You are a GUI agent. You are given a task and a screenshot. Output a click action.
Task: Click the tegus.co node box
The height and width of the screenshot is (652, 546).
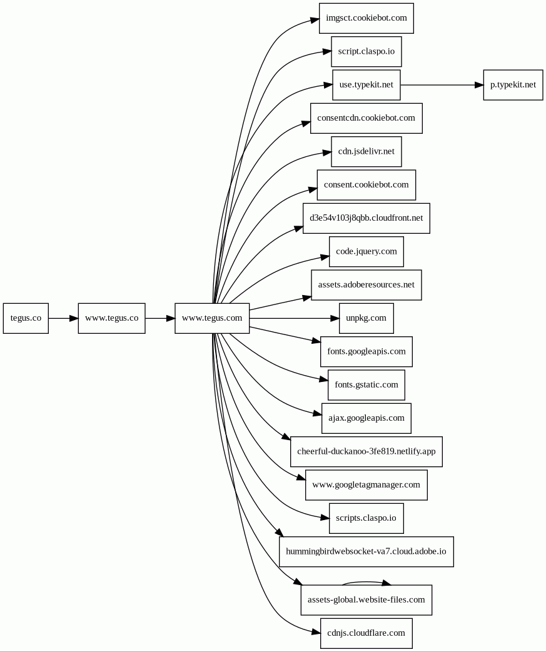[x=26, y=318]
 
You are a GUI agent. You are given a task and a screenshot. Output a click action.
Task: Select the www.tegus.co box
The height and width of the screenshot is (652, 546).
[x=111, y=318]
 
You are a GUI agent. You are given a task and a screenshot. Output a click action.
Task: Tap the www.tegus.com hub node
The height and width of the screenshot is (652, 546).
[x=212, y=318]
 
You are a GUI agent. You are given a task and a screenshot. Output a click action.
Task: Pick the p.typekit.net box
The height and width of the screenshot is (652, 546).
[x=513, y=85]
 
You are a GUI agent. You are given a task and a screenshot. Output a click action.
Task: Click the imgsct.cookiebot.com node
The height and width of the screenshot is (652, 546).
[x=367, y=18]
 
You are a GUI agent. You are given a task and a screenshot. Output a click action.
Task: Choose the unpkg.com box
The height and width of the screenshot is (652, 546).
[x=367, y=318]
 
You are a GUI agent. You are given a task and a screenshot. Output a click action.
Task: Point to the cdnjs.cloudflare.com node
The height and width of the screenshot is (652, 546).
[x=367, y=633]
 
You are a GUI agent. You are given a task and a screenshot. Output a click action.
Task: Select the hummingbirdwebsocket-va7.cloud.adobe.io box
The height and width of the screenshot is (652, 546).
[x=367, y=552]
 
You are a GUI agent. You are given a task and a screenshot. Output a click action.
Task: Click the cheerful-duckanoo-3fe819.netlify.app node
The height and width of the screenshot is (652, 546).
[x=367, y=451]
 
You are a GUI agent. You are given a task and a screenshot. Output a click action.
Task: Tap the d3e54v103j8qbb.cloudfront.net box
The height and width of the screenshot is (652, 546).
[x=367, y=218]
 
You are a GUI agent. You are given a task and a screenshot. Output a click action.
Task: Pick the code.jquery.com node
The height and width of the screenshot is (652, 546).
[x=367, y=251]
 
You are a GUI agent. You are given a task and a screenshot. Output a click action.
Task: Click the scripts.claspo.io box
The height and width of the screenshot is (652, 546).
[x=367, y=518]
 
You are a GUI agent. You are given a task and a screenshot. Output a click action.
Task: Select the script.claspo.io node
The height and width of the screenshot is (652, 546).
[x=367, y=51]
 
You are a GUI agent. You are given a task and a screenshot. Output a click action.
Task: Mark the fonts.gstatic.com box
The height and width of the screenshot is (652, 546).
[x=367, y=385]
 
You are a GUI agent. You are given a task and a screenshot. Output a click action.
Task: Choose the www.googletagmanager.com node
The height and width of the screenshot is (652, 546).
[x=367, y=485]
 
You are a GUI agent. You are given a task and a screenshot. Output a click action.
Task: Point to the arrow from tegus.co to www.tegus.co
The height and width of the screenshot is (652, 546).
[x=63, y=318]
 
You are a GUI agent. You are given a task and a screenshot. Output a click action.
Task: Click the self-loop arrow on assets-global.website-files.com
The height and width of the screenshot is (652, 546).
[x=367, y=582]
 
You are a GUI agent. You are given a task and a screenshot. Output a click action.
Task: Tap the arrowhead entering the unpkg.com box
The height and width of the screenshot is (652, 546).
[x=335, y=318]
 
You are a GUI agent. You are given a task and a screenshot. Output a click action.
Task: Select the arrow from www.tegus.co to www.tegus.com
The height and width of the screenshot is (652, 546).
[x=160, y=318]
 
